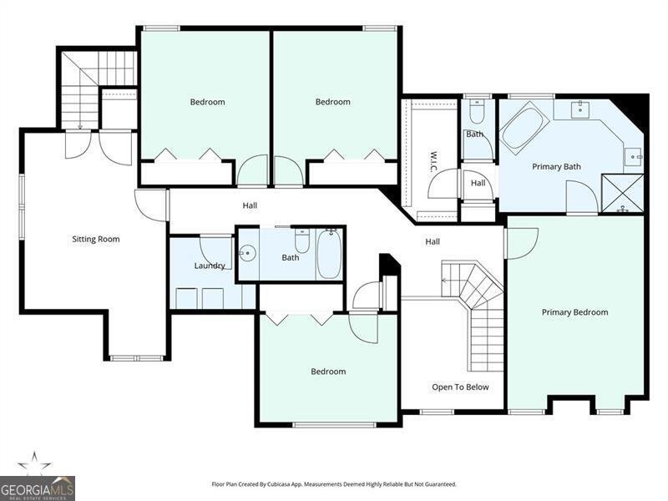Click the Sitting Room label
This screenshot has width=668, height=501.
96,239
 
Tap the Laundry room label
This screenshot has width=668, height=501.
210,266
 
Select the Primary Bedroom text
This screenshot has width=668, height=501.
574,312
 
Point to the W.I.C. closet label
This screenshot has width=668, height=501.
433,161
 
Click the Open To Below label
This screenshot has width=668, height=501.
460,387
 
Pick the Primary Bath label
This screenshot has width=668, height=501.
556,166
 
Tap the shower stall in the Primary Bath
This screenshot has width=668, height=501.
621,193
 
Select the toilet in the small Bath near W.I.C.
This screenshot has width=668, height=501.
476,111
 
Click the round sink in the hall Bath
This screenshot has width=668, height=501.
246,255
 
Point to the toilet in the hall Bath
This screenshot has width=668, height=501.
302,240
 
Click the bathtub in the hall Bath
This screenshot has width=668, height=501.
329,255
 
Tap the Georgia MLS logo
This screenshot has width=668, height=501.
38,488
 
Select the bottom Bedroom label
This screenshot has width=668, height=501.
328,372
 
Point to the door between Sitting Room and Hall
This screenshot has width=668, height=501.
151,205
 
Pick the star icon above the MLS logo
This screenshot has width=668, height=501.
34,463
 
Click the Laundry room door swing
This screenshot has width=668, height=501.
216,252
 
